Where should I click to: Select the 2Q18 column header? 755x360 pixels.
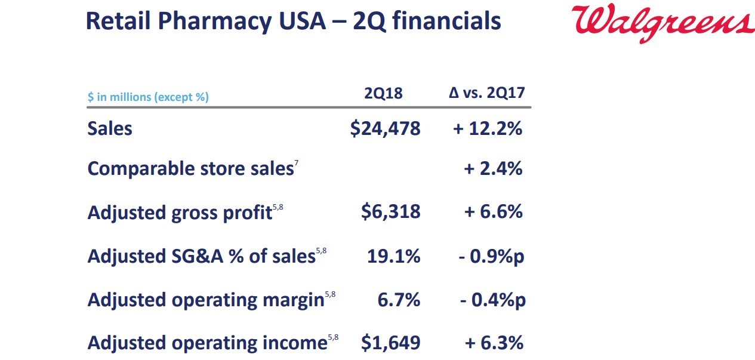pyautogui.click(x=383, y=94)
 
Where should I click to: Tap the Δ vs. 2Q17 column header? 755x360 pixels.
pyautogui.click(x=486, y=93)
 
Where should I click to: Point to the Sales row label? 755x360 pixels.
pyautogui.click(x=110, y=128)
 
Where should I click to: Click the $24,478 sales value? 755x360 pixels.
pyautogui.click(x=385, y=128)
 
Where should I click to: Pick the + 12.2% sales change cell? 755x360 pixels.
pyautogui.click(x=488, y=128)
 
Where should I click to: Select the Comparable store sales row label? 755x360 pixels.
pyautogui.click(x=190, y=169)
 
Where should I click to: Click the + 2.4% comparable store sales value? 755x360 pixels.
pyautogui.click(x=493, y=169)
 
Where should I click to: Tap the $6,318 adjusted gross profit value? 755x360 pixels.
pyautogui.click(x=390, y=212)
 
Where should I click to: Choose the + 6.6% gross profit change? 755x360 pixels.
pyautogui.click(x=493, y=212)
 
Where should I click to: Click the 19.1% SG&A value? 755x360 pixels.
pyautogui.click(x=393, y=256)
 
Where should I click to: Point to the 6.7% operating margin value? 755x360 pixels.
pyautogui.click(x=399, y=300)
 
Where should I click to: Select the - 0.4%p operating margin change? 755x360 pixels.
pyautogui.click(x=493, y=300)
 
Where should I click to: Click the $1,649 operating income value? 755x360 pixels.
pyautogui.click(x=390, y=343)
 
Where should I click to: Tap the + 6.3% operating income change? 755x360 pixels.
pyautogui.click(x=494, y=343)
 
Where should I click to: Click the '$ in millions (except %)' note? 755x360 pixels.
pyautogui.click(x=148, y=97)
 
